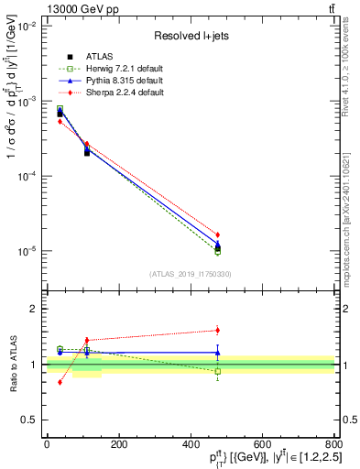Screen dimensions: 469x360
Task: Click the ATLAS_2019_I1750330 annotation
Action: point(191,274)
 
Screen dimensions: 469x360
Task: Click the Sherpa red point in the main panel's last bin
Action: point(217,234)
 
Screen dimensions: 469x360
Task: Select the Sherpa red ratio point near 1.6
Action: point(217,330)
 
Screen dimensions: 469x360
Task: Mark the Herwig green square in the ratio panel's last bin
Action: point(217,371)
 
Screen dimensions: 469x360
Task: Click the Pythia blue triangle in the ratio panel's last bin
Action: point(217,352)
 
